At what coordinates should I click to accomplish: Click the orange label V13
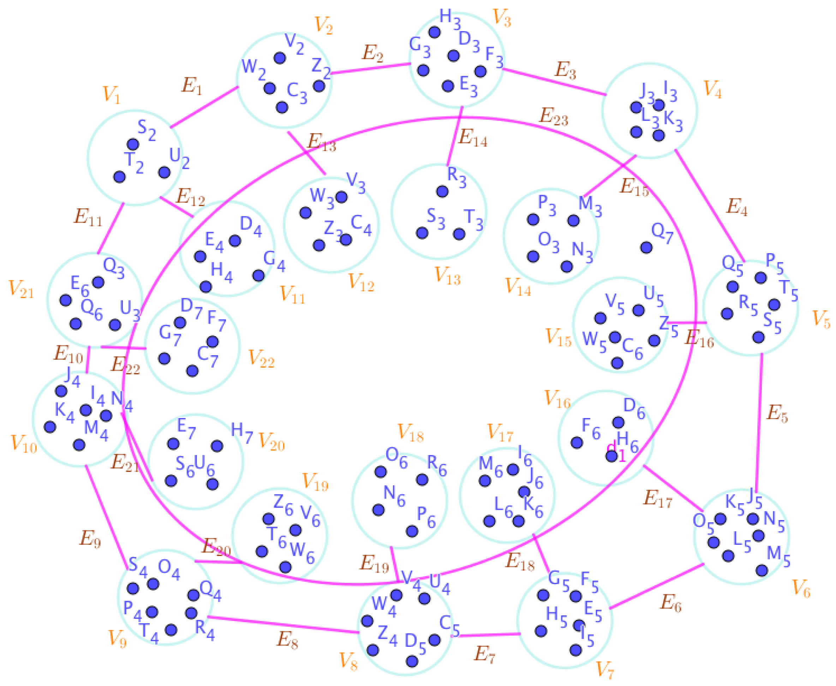[x=447, y=275]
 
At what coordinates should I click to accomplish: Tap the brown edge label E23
[x=554, y=117]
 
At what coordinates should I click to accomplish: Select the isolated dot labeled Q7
[x=646, y=248]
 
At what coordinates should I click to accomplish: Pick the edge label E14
[x=472, y=138]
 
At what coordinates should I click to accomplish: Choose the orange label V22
[x=261, y=359]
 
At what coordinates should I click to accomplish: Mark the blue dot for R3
[x=442, y=192]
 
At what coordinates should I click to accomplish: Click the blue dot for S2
[x=133, y=144]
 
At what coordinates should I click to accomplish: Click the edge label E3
[x=565, y=70]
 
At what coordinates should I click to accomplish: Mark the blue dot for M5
[x=762, y=570]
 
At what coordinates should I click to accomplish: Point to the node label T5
[x=788, y=291]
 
